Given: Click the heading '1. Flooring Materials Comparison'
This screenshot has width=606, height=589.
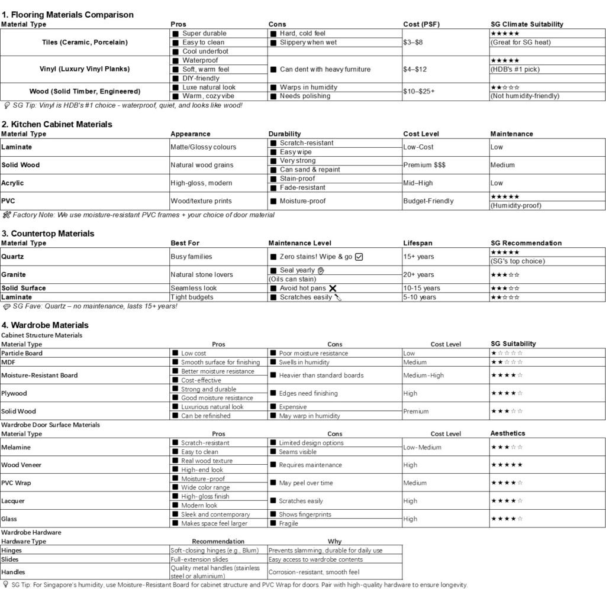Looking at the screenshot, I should click(67, 14).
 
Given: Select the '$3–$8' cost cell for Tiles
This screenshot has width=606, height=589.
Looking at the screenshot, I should click(413, 43).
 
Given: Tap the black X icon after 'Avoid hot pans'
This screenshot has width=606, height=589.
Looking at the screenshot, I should click(333, 288).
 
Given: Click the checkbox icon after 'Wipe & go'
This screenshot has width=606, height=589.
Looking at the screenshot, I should click(359, 257).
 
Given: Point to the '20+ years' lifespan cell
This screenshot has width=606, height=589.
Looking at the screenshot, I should click(418, 274).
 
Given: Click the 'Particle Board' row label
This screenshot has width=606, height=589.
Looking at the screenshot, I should click(22, 353).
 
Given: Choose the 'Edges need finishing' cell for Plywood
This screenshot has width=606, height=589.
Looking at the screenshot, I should click(308, 393).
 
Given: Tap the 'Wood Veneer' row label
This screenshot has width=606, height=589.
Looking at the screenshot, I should click(21, 465).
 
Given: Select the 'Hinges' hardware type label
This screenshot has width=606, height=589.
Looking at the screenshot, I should click(11, 550).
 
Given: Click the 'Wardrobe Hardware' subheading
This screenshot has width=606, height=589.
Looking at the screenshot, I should click(31, 532).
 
